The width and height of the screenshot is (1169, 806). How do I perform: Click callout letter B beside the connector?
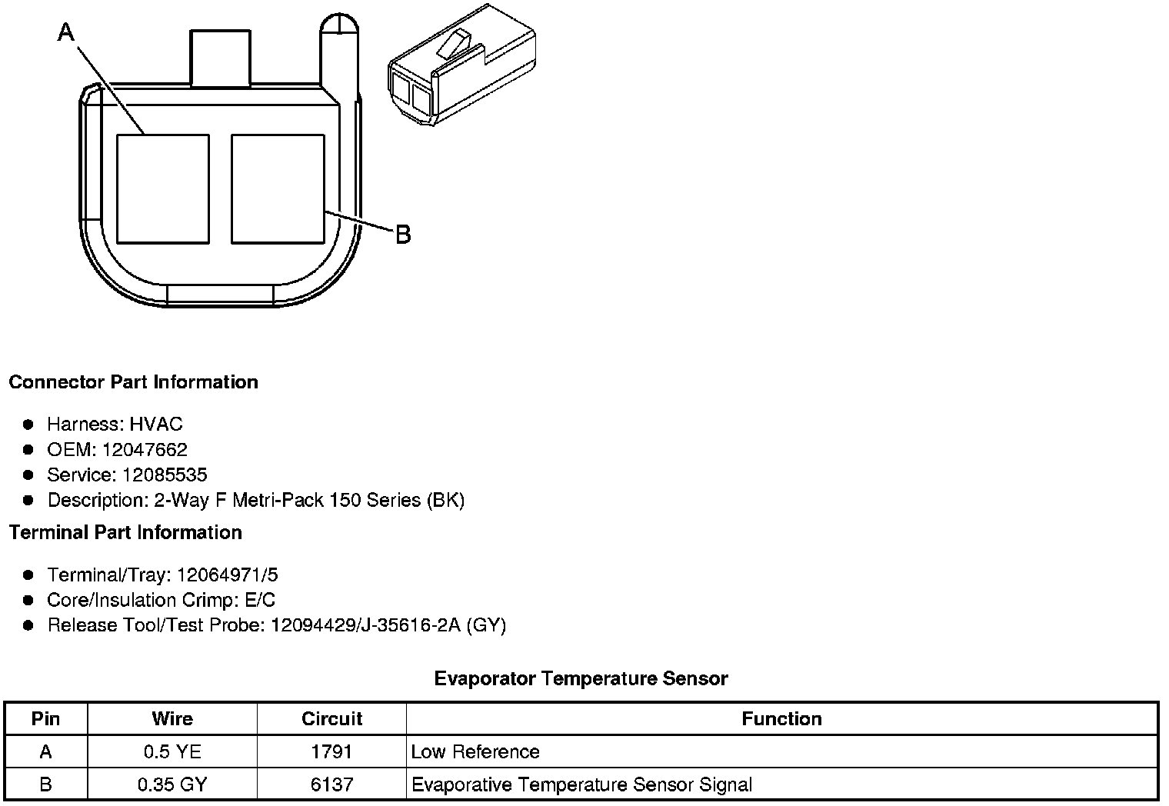coord(403,235)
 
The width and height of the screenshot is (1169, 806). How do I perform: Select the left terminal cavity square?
coord(163,189)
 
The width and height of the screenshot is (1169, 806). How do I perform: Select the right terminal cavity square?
coord(278,189)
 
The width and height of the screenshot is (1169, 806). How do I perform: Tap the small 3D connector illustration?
coord(462,65)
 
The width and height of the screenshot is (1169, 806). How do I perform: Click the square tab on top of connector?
coord(220,58)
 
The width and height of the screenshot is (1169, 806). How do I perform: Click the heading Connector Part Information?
coord(134,382)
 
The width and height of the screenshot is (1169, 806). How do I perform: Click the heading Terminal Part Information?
coord(126,532)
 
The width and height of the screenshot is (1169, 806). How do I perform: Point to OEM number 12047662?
coord(145,449)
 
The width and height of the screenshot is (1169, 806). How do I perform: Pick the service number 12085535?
coord(165,475)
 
